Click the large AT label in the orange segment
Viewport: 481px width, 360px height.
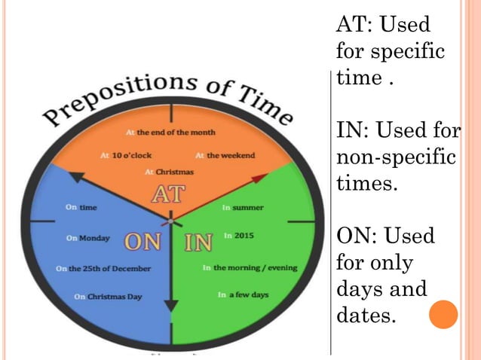(168, 195)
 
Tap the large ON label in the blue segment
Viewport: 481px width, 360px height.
(142, 242)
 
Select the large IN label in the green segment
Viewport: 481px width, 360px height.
(199, 242)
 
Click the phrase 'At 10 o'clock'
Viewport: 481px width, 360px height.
(121, 156)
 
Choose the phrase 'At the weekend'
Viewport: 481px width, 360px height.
(225, 156)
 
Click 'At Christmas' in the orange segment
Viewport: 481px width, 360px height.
(169, 172)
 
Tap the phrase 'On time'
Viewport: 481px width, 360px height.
(81, 207)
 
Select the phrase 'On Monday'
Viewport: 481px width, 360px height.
(88, 239)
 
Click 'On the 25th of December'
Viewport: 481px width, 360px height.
(103, 268)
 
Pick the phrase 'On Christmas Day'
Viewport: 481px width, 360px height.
(109, 297)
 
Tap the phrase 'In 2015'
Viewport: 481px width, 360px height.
(239, 236)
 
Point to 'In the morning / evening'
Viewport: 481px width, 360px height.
(250, 267)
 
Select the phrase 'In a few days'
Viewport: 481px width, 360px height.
(243, 294)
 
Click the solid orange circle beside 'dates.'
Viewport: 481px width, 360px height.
(443, 314)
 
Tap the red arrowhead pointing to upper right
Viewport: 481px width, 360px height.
(259, 178)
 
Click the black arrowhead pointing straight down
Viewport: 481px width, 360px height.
(171, 306)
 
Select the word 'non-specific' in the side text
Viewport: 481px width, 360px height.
(396, 159)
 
